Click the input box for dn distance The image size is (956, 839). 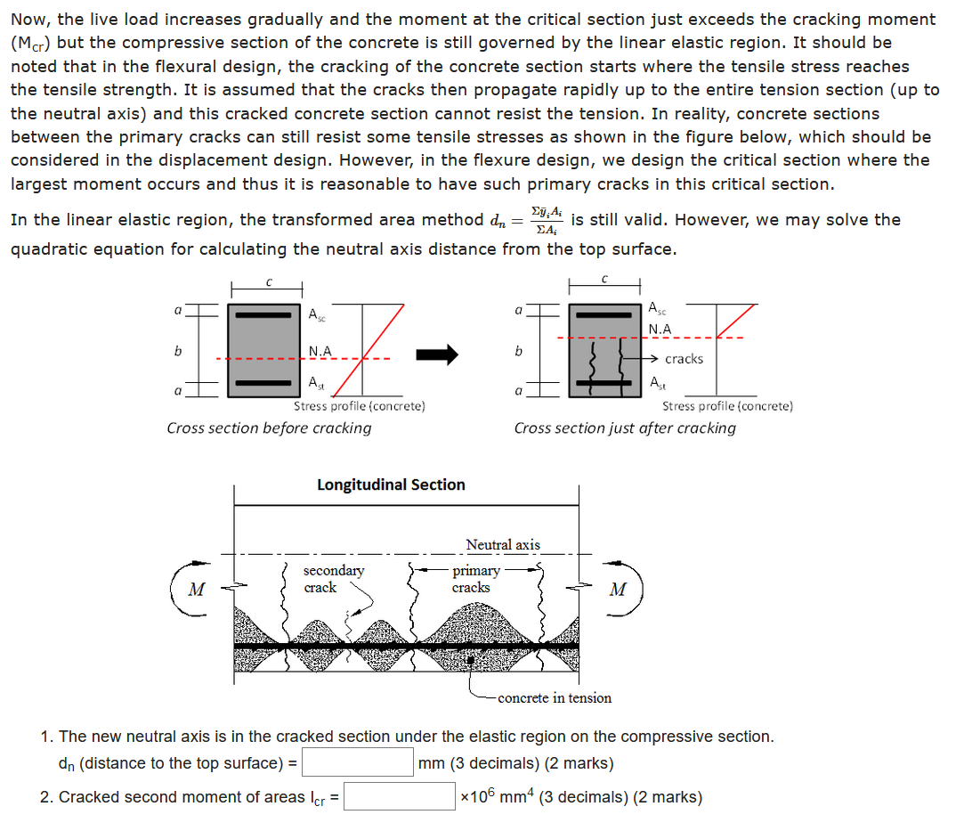click(359, 763)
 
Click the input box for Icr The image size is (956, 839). click(400, 796)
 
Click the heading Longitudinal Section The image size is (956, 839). click(391, 485)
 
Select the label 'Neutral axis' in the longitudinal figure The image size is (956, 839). click(502, 544)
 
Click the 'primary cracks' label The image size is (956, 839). click(475, 579)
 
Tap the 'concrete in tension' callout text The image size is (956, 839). click(555, 698)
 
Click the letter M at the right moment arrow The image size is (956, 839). click(617, 589)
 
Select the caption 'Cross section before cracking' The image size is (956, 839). click(269, 428)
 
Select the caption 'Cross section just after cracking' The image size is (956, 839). click(625, 428)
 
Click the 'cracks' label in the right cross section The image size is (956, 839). click(684, 359)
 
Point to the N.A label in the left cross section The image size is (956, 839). click(320, 351)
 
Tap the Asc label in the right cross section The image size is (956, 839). click(656, 309)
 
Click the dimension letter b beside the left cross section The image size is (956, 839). click(178, 351)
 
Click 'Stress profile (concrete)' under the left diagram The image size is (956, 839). click(359, 406)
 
